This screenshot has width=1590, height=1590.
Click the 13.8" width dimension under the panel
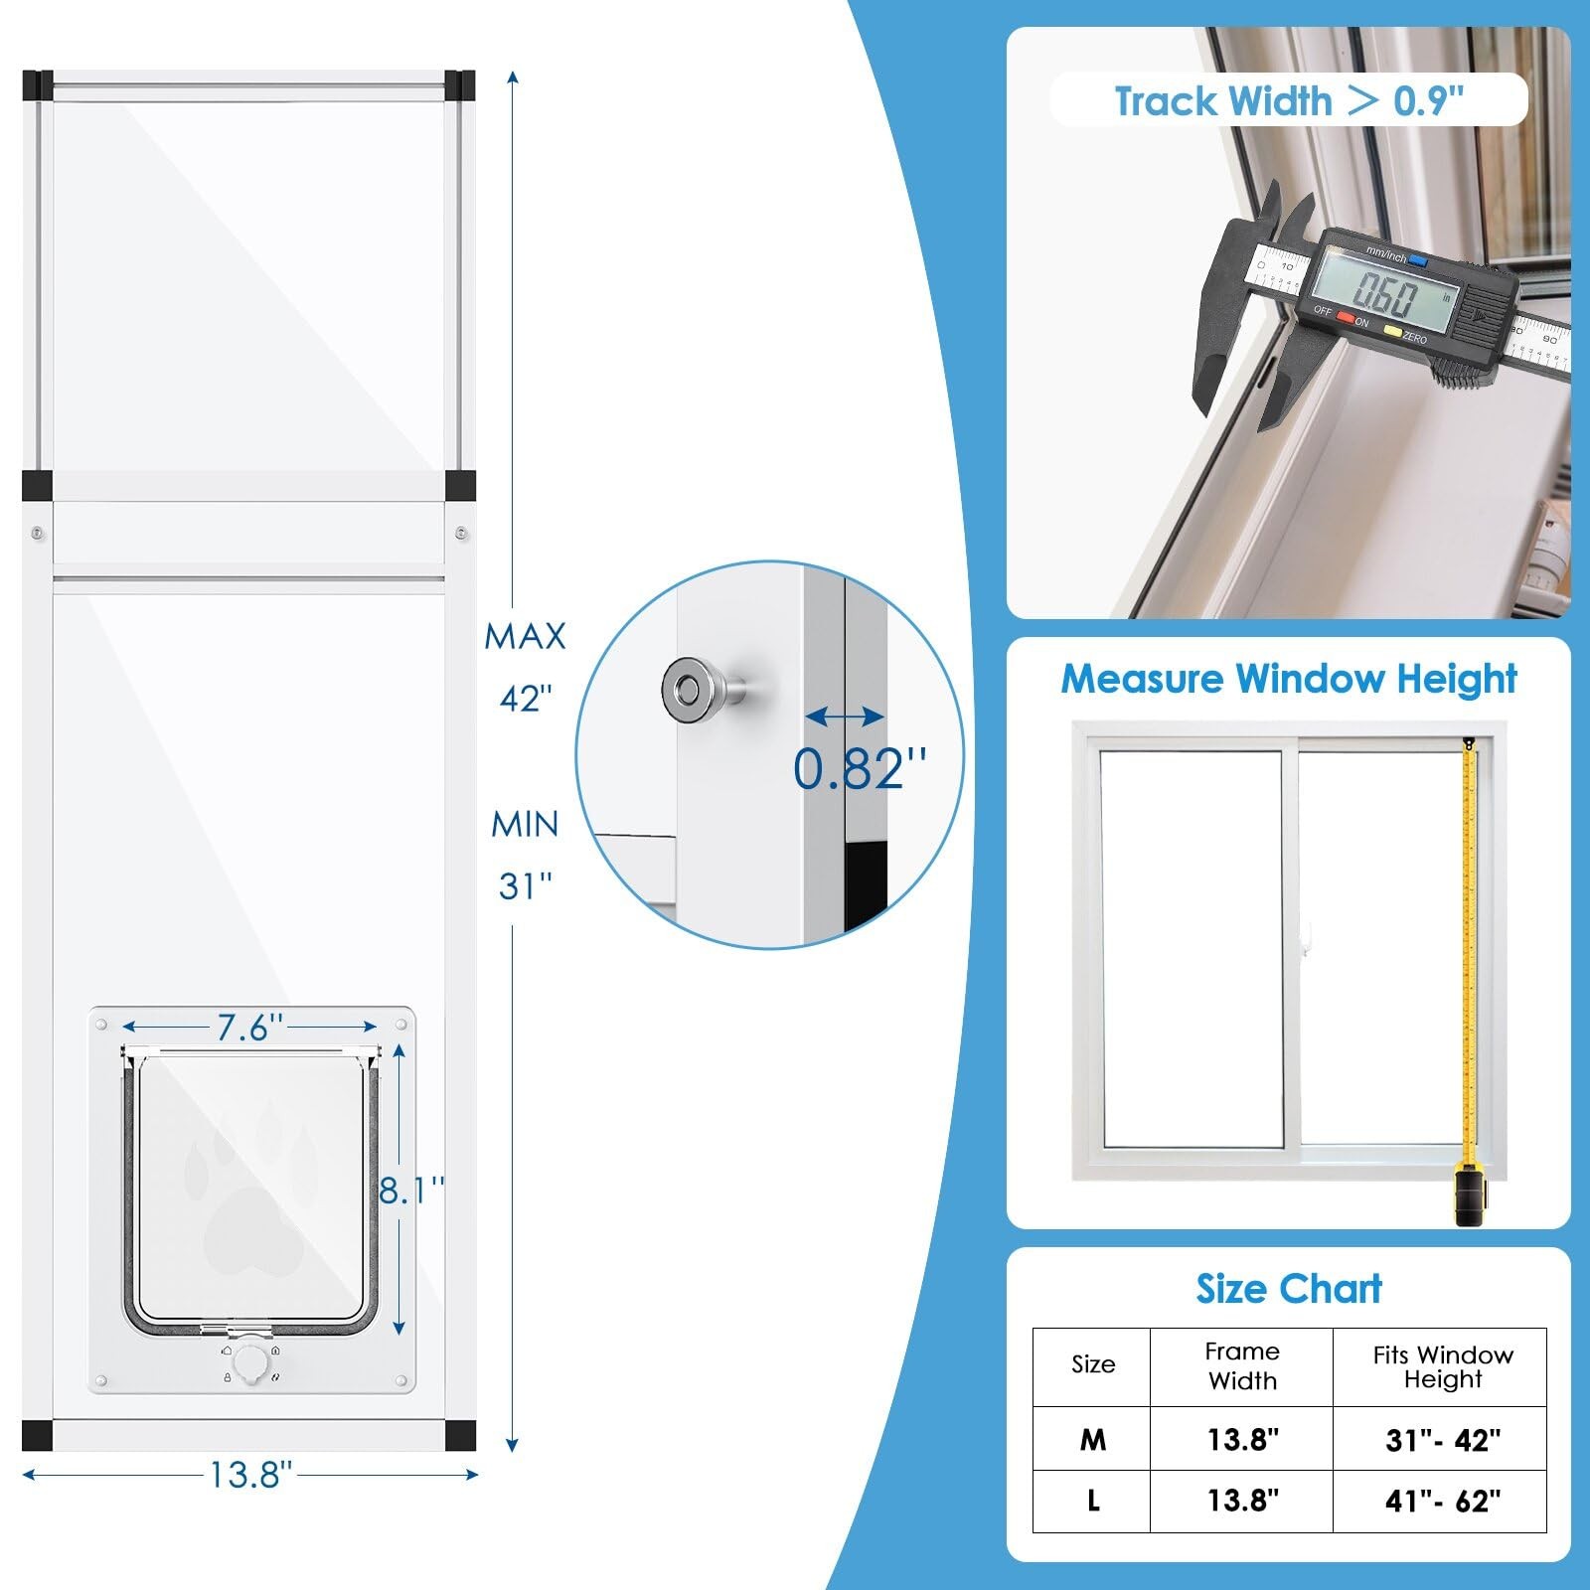250,1475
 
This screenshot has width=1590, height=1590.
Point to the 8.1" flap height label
411,1189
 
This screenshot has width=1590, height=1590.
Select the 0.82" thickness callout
860,768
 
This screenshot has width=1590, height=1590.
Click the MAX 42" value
525,667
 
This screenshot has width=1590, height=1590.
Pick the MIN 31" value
525,855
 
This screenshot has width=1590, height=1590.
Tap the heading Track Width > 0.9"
1289,101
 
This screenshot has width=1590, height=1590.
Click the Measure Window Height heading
1289,680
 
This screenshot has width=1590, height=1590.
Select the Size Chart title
1289,1289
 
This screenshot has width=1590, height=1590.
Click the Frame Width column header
1242,1365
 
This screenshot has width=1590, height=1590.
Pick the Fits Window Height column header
1443,1367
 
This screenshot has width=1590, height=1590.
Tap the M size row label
1093,1439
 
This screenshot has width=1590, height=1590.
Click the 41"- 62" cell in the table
1443,1501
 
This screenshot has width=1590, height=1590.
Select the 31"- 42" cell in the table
1443,1439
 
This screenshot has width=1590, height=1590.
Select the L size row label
1093,1501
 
